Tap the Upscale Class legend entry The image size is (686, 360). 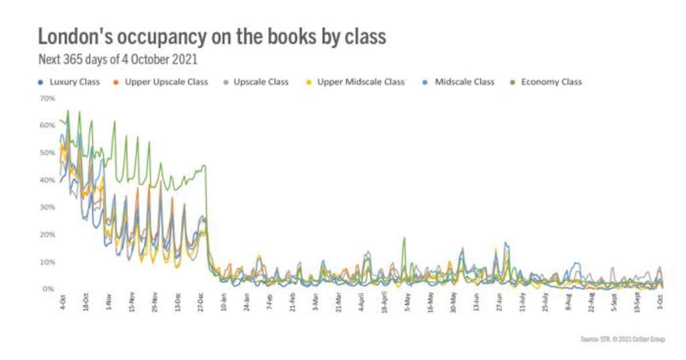[x=261, y=82]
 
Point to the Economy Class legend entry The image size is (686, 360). [x=551, y=82]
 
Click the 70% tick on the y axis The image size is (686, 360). [x=47, y=99]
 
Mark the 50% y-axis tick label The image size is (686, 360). [x=47, y=153]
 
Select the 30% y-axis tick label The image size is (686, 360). [x=47, y=207]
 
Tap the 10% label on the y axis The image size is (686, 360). [x=47, y=261]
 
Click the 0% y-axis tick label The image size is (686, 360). [x=48, y=289]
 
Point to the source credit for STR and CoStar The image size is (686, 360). [x=622, y=339]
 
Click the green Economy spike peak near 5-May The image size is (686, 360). [x=404, y=238]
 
